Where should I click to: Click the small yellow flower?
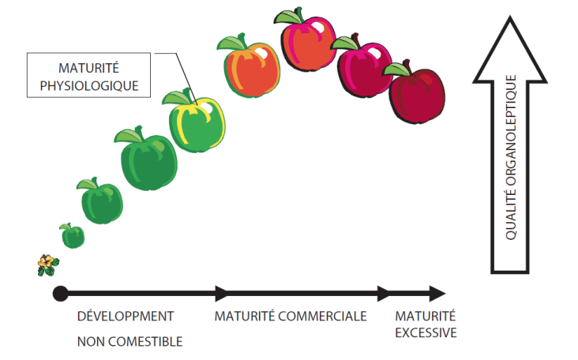click(x=48, y=265)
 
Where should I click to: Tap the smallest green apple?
click(x=73, y=236)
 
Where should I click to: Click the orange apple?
click(x=250, y=67)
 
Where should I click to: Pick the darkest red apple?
click(x=416, y=93)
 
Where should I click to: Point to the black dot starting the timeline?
click(x=61, y=294)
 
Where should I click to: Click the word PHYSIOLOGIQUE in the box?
click(x=89, y=86)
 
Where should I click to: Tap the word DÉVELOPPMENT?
click(x=126, y=316)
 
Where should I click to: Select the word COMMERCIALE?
click(x=322, y=316)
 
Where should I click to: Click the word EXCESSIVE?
click(x=426, y=332)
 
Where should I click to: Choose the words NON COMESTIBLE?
click(x=129, y=342)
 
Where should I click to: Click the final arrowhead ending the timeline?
click(x=437, y=294)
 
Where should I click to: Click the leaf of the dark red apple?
click(x=396, y=69)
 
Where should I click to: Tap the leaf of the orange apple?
click(x=231, y=43)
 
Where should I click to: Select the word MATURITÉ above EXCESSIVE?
click(x=426, y=316)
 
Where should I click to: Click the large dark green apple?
click(x=148, y=159)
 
